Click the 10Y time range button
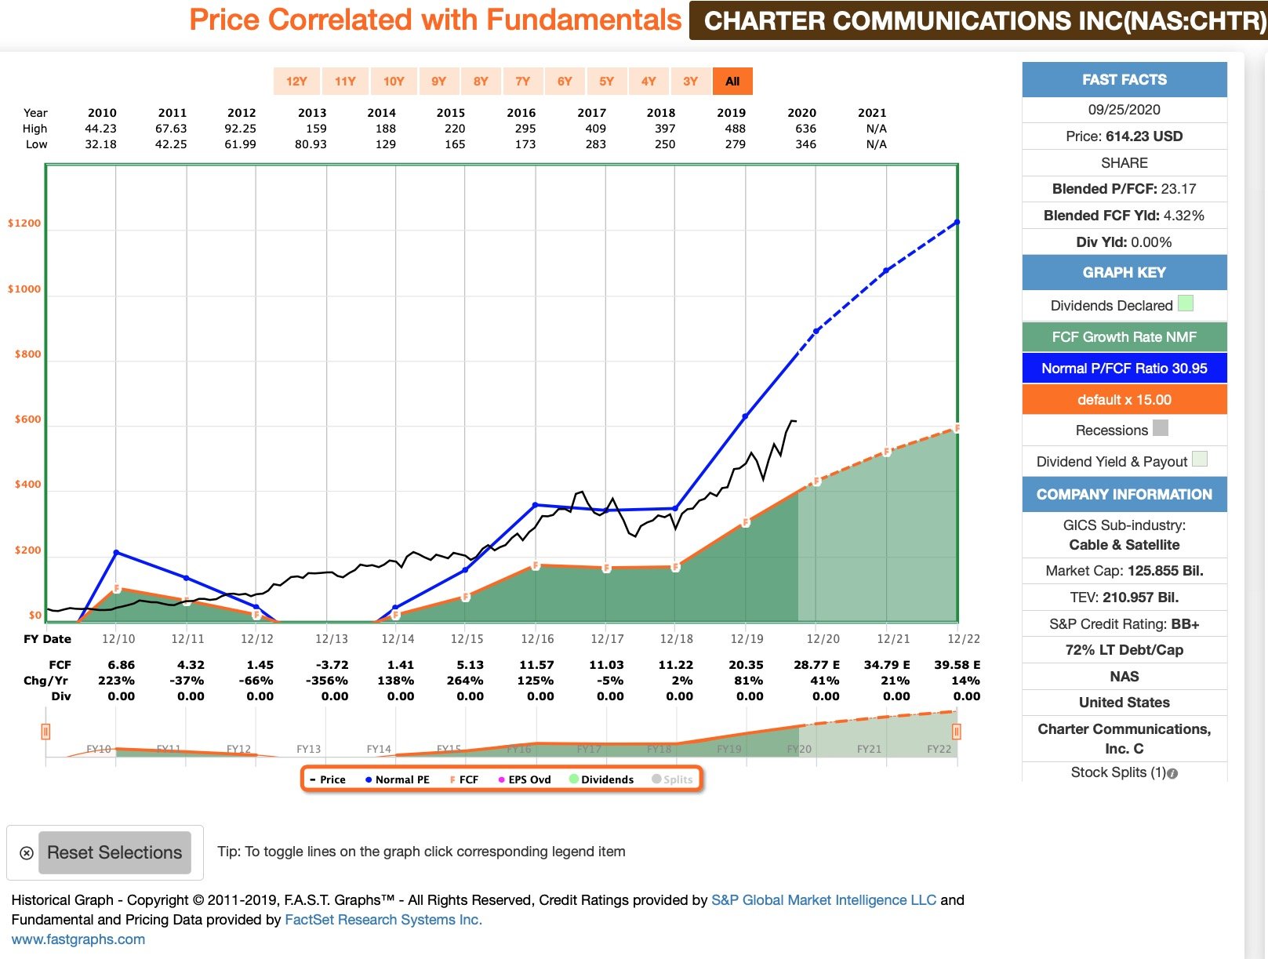tap(394, 82)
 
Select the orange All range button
tap(732, 82)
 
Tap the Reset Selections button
tap(114, 852)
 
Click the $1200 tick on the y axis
tap(24, 223)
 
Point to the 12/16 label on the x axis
tap(537, 639)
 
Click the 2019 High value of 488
tap(735, 129)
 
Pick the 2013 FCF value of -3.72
tap(331, 665)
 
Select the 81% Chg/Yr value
tap(748, 681)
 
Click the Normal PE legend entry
tap(398, 779)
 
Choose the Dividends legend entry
tap(602, 779)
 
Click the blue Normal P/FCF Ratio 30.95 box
tap(1124, 369)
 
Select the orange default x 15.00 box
tap(1124, 400)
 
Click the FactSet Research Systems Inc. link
tap(383, 920)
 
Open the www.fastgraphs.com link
tap(78, 939)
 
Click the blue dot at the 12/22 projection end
tap(957, 223)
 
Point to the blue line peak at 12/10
tap(117, 553)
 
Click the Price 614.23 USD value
tap(1124, 136)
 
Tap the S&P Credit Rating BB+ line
tap(1124, 624)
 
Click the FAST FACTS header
tap(1124, 80)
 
